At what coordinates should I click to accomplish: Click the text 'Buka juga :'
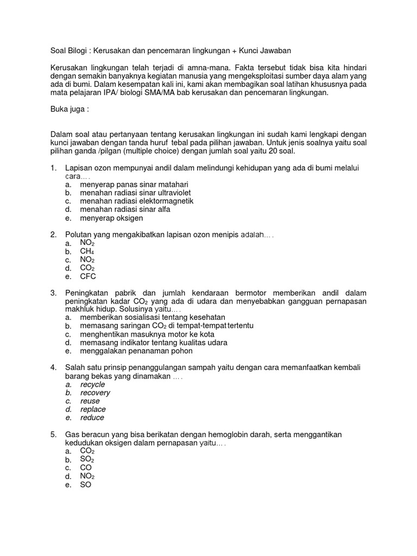coord(69,109)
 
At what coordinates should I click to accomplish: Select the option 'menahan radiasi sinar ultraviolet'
coord(135,193)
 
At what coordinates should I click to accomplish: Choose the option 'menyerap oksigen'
coord(111,218)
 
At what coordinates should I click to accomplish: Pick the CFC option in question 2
coord(87,276)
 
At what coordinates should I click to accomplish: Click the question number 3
coord(54,293)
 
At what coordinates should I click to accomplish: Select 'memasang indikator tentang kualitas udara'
coord(154,343)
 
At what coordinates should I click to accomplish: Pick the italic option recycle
coord(92,384)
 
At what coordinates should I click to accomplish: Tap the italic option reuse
coord(90,401)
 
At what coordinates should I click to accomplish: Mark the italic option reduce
coord(92,418)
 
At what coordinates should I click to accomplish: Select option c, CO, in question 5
coord(86,467)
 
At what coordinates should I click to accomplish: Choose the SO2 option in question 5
coord(87,459)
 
